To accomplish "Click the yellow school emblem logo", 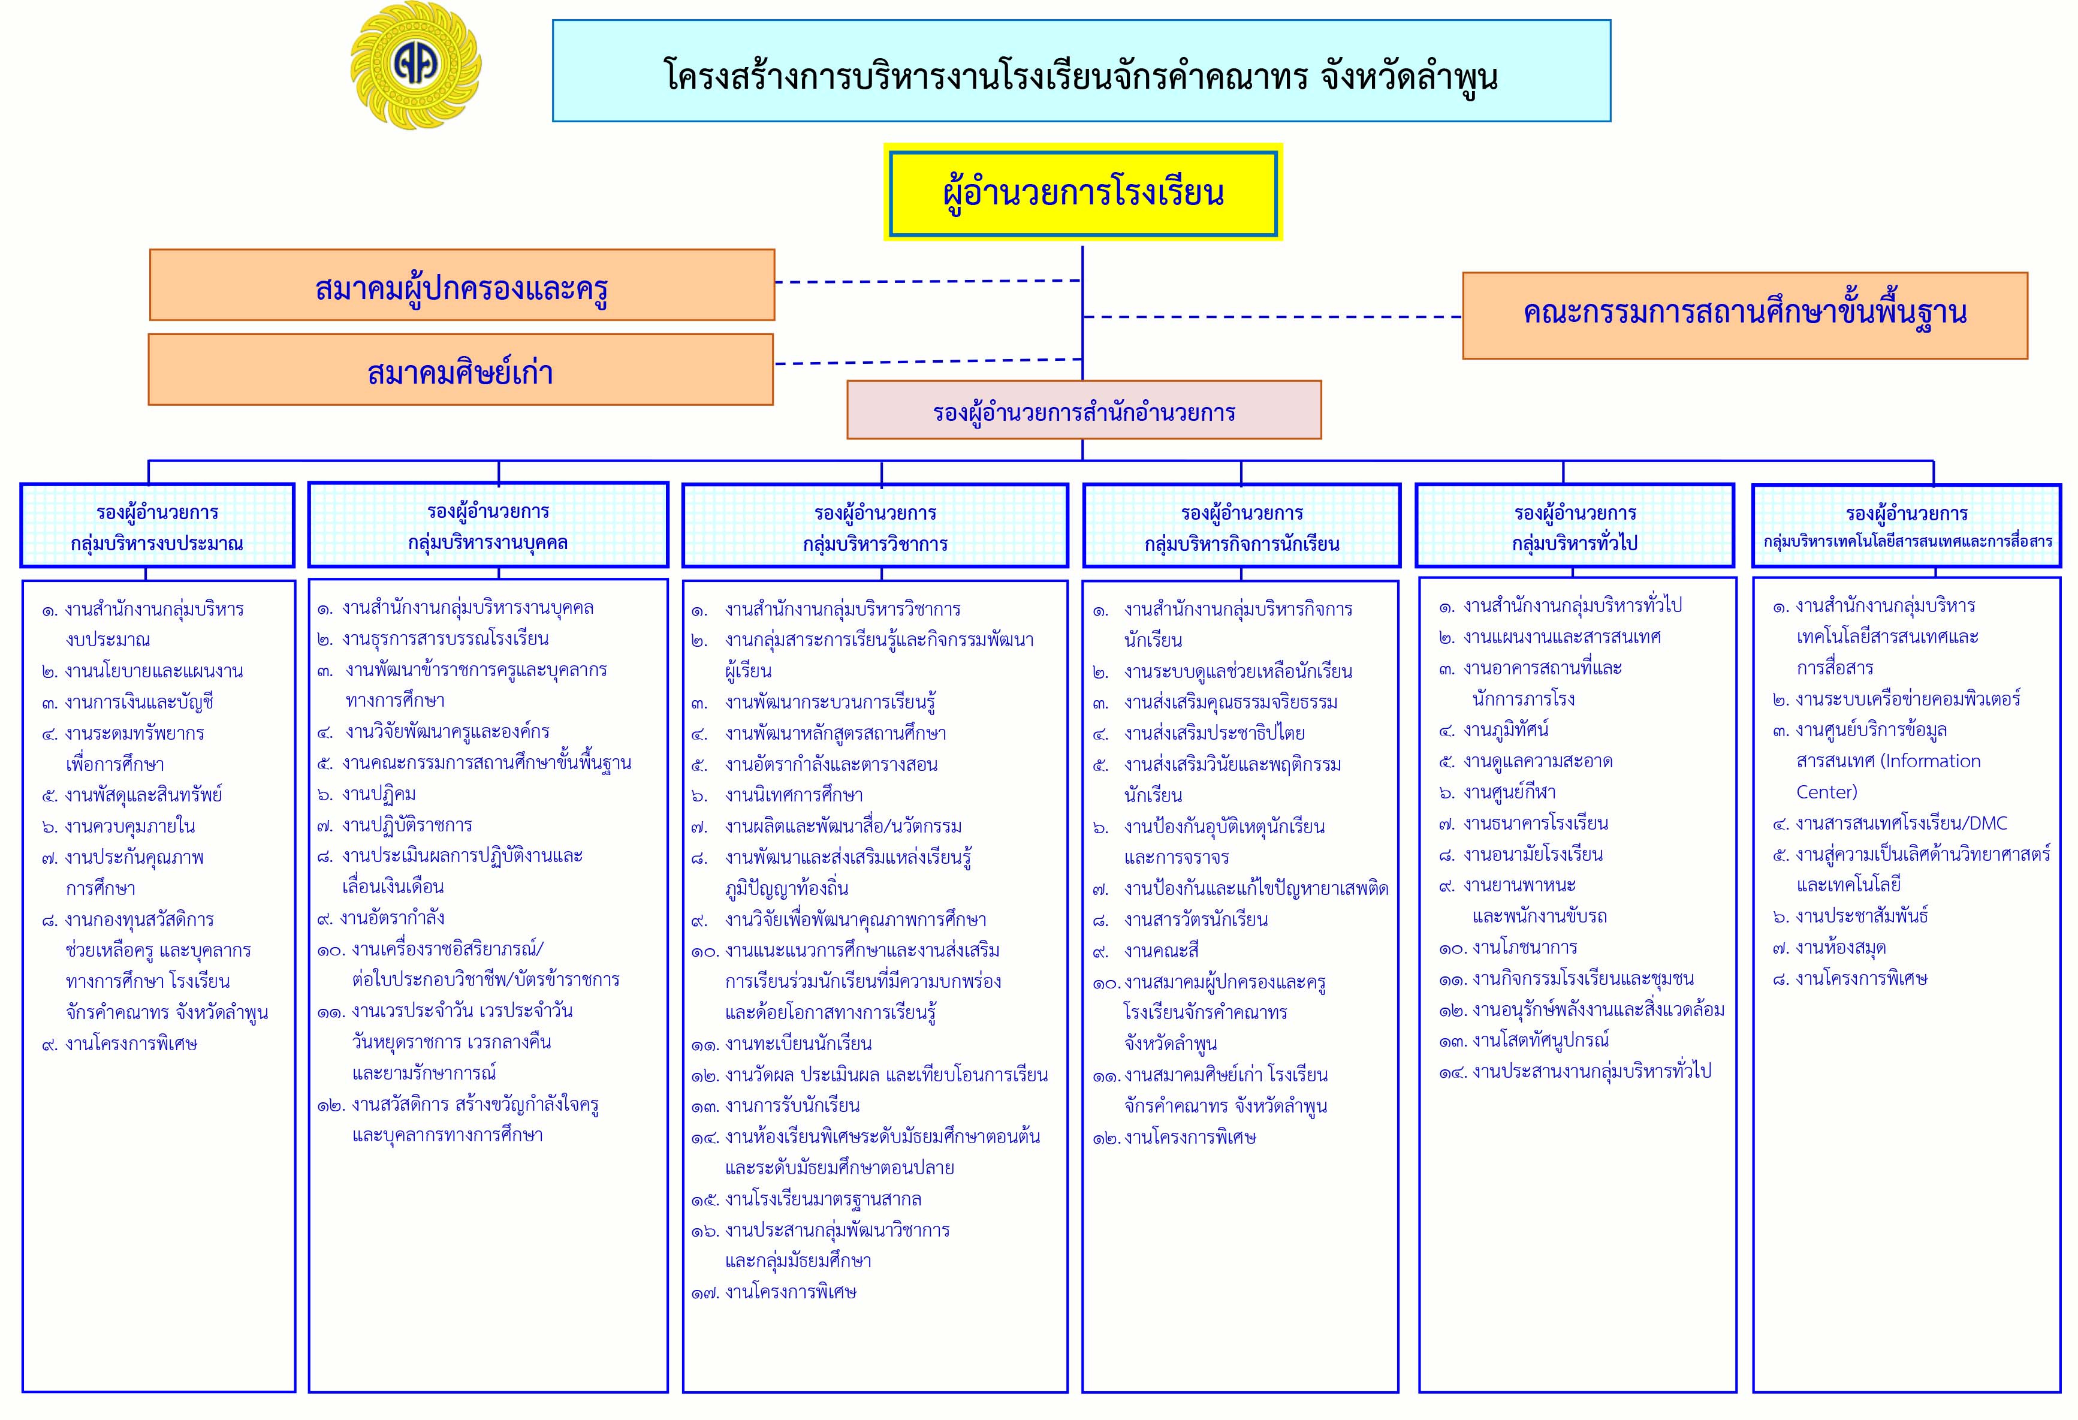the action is click(416, 65).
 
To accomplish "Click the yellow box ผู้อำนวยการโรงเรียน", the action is click(1083, 192).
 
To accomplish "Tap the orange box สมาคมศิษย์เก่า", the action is click(460, 369).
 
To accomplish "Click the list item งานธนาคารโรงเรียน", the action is click(1524, 822).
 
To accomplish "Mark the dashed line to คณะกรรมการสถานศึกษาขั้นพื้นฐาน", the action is click(1272, 316).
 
